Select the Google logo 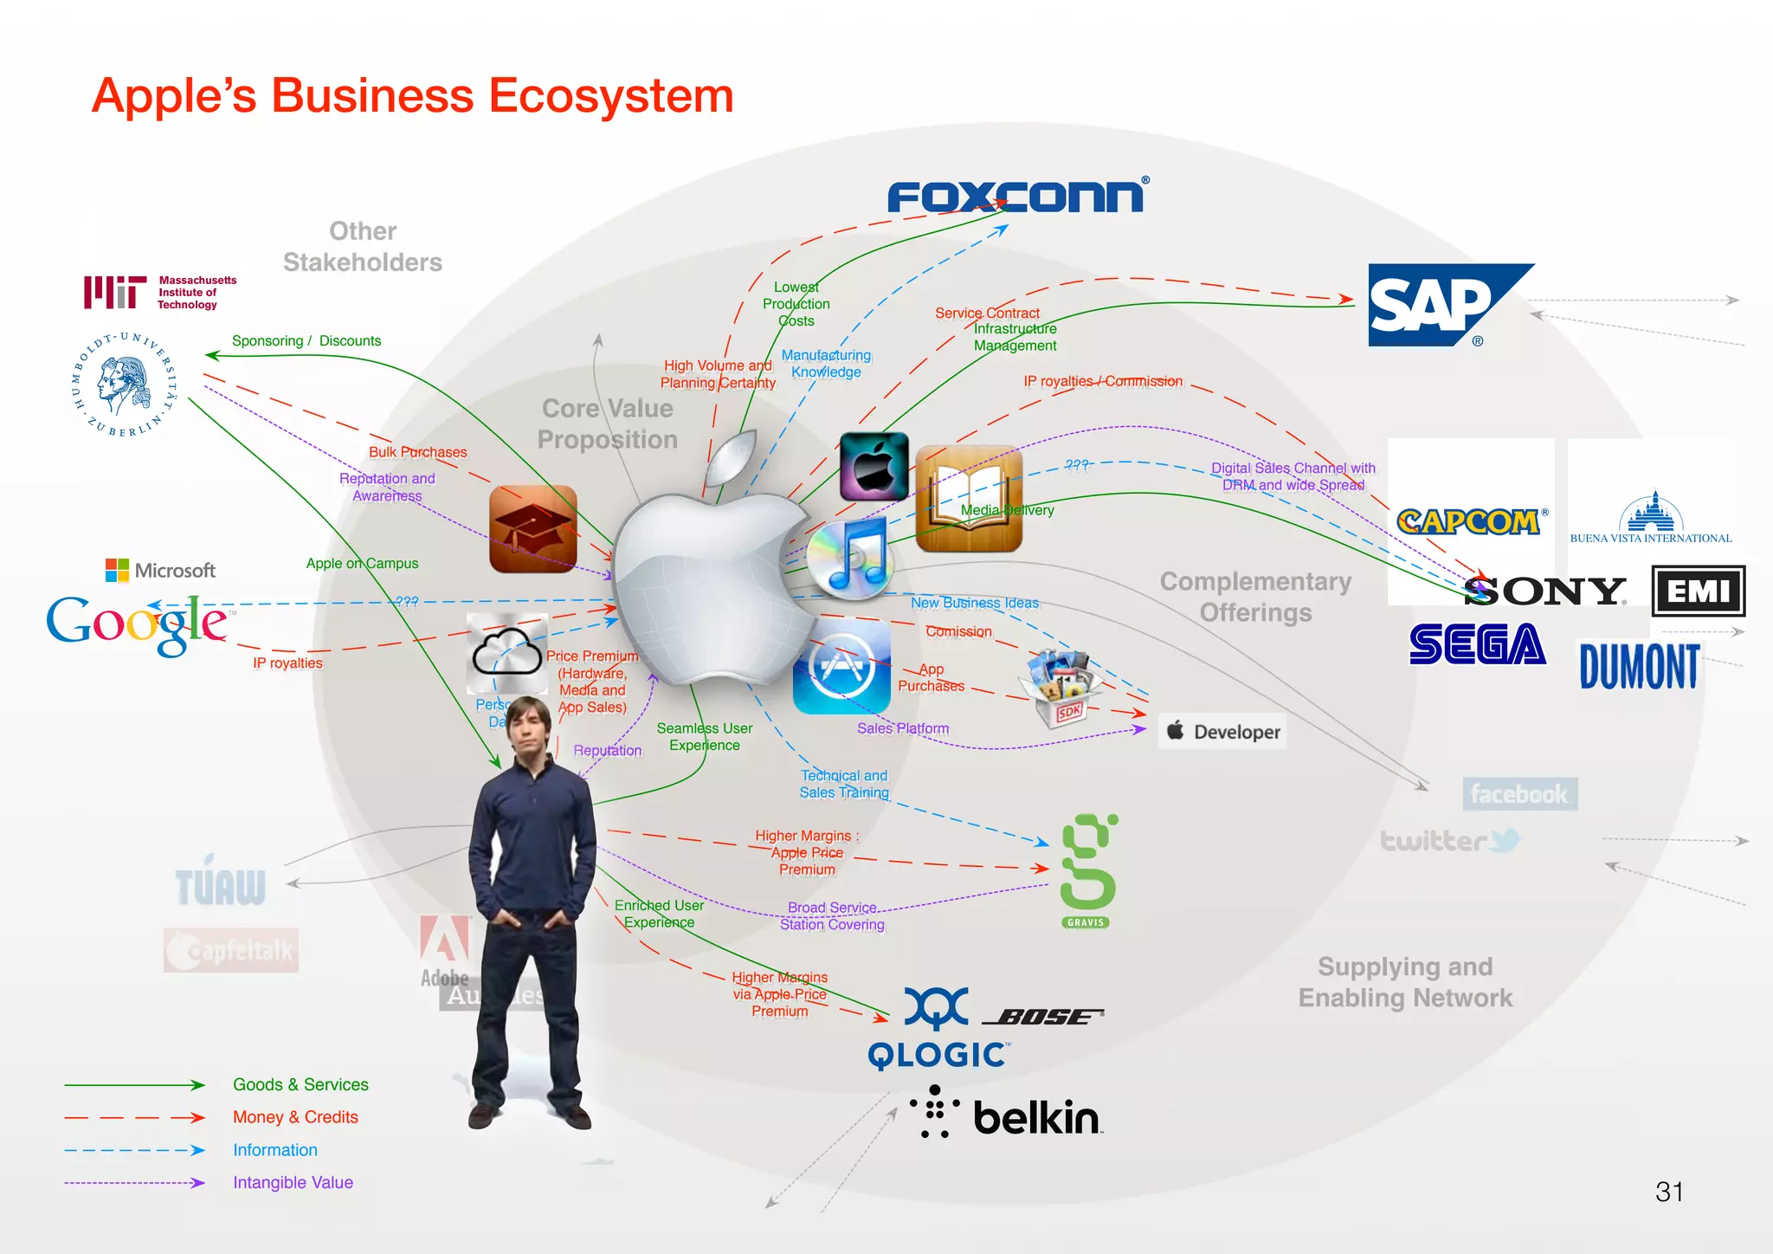pos(137,624)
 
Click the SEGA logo pos(1477,644)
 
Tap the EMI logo pos(1698,591)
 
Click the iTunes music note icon pos(850,559)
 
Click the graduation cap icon pos(532,528)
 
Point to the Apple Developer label pos(1222,732)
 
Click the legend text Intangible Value pos(293,1182)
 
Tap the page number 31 pos(1668,1192)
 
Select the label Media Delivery pos(1007,510)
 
